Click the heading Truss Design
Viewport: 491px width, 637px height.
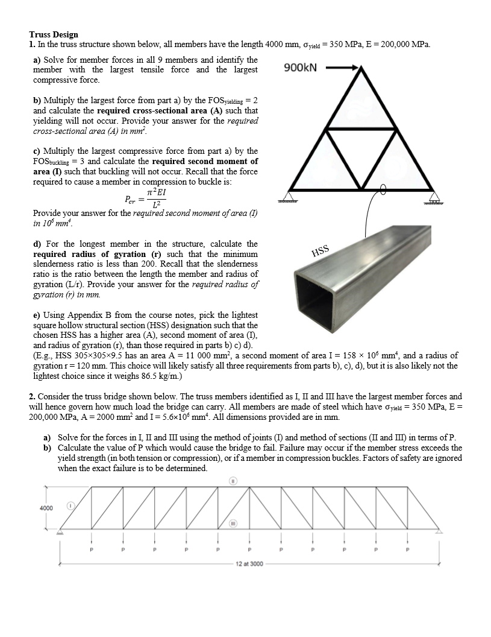(x=53, y=35)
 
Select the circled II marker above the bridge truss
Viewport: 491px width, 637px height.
(x=248, y=481)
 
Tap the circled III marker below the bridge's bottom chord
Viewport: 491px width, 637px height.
(x=248, y=524)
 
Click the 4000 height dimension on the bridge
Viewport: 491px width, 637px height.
(x=46, y=508)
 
